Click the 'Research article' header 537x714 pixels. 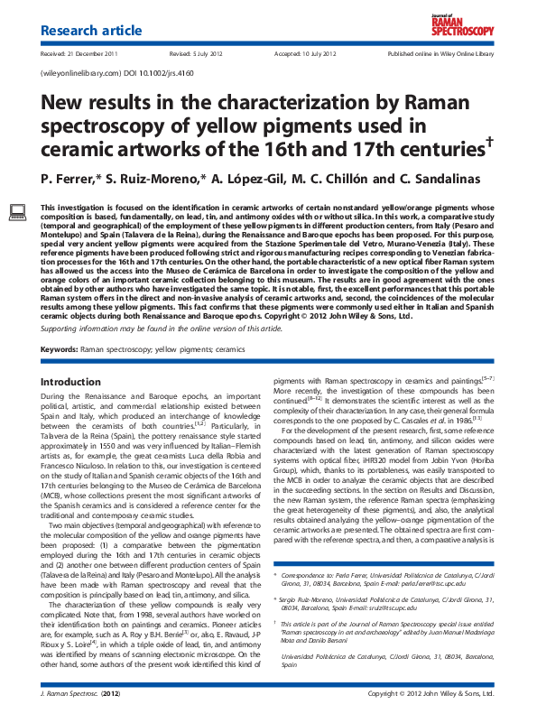pyautogui.click(x=92, y=32)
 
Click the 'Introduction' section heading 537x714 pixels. pyautogui.click(x=71, y=382)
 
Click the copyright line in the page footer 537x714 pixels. pyautogui.click(x=431, y=693)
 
